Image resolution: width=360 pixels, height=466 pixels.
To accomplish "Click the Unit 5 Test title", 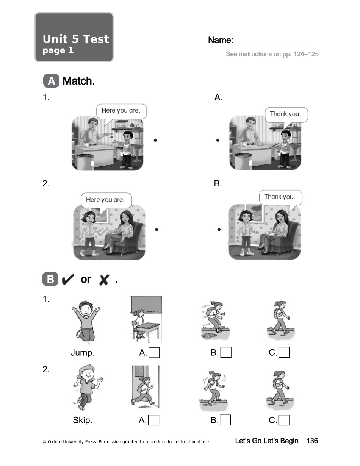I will [x=76, y=39].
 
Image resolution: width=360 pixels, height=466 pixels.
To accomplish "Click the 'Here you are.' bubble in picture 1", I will [x=121, y=111].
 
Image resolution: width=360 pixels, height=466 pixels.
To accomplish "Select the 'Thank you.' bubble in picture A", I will [x=285, y=114].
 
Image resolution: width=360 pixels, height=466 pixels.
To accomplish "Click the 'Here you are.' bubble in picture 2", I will [x=105, y=200].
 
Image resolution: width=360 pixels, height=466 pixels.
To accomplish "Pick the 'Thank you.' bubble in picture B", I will [x=280, y=197].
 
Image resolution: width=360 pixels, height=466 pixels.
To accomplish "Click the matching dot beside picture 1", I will [x=155, y=140].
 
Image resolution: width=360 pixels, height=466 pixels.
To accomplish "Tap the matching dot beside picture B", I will [x=219, y=230].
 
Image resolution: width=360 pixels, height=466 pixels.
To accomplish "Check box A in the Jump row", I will [x=154, y=353].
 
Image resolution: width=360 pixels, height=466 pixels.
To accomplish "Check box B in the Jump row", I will [x=226, y=353].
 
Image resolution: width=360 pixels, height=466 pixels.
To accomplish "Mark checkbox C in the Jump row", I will [x=284, y=353].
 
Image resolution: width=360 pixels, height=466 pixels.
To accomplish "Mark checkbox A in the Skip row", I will [x=154, y=420].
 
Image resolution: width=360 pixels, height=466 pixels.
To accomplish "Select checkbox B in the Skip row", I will [x=225, y=420].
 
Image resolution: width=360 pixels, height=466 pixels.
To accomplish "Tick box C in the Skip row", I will [x=284, y=420].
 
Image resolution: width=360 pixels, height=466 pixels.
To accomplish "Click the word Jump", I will [x=83, y=353].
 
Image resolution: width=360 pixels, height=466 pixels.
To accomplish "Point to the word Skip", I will [x=83, y=420].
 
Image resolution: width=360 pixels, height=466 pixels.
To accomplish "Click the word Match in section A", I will [x=78, y=81].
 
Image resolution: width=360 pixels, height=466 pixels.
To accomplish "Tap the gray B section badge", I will [x=50, y=280].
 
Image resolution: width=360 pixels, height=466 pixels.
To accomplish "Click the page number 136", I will [x=312, y=441].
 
